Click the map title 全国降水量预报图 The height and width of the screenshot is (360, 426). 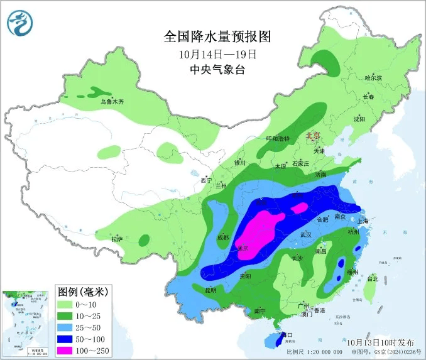pos(217,36)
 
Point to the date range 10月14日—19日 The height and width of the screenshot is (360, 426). pos(217,54)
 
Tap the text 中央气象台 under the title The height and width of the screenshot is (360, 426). pos(217,70)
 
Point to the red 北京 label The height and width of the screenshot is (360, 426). pos(312,135)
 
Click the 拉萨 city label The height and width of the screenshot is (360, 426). pos(117,239)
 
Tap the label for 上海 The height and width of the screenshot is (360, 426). pos(363,221)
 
